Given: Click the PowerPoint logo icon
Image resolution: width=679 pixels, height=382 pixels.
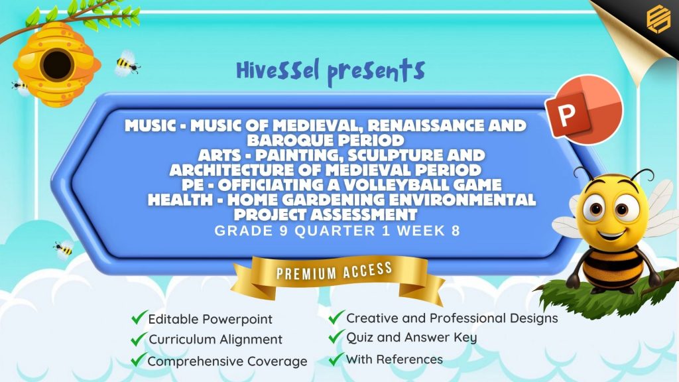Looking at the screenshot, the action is [x=584, y=109].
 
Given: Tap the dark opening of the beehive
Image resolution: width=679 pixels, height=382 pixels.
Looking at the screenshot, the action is [x=57, y=65].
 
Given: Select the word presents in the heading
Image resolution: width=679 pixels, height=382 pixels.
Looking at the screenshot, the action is [x=376, y=72].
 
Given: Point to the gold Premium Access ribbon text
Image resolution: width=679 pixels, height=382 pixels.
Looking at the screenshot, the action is [x=334, y=271].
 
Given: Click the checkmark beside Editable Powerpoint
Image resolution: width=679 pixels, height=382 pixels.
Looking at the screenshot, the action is [x=139, y=317].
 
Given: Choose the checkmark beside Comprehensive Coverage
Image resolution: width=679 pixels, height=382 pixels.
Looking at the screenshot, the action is [x=139, y=359].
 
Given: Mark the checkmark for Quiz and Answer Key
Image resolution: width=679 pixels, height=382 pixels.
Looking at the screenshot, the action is [x=336, y=336].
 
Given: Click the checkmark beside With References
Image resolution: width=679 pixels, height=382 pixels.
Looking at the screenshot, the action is [x=336, y=359].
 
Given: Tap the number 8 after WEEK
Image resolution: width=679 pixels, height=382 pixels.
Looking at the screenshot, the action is [x=456, y=230].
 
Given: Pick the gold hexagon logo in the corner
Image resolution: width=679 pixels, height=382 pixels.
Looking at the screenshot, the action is [x=658, y=18].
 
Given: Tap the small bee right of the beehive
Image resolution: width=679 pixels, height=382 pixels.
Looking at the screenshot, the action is [x=127, y=64].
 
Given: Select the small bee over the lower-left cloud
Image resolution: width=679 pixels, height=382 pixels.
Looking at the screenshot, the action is [x=64, y=249].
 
